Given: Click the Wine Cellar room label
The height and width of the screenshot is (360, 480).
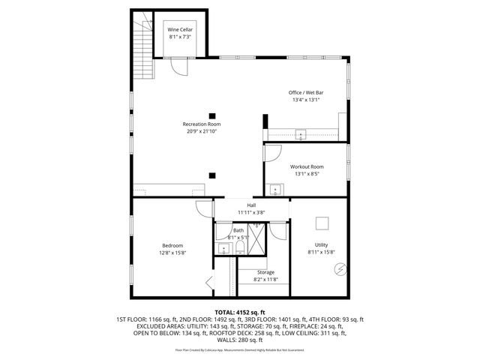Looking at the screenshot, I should coord(180,29).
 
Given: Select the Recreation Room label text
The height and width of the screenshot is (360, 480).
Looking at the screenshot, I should coord(202,124).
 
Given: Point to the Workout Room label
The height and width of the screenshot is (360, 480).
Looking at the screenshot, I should coord(306,166).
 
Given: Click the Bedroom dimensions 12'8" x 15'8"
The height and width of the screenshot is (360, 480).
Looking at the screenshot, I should coord(172,252).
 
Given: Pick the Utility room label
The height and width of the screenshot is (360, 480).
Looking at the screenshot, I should coord(321,245).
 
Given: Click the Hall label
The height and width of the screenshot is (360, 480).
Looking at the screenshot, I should coord(252,205).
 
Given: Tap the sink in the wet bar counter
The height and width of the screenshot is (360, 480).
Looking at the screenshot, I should coord(301,135).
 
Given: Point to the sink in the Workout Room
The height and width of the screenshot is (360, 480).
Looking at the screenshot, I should coord(274,189).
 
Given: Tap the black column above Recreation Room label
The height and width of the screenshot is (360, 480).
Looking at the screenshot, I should coord(212,105).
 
